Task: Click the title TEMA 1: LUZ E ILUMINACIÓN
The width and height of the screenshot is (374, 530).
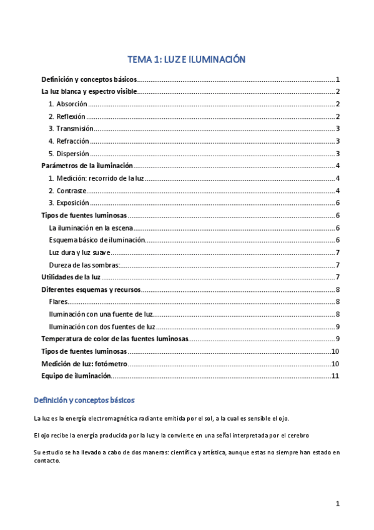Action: coord(187,60)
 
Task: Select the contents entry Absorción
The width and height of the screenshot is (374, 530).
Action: coord(71,104)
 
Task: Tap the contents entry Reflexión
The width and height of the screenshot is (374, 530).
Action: coord(71,116)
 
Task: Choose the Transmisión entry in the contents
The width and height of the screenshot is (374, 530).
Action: coord(74,129)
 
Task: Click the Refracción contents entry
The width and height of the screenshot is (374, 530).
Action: coord(72,141)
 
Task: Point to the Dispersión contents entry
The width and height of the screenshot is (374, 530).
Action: coord(72,154)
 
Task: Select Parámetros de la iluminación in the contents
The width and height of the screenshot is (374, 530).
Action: coord(87,166)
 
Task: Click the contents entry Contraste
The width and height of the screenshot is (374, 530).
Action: coord(71,191)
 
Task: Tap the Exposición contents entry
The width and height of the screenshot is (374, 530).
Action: coord(72,203)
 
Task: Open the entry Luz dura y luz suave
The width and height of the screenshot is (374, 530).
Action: coord(79,252)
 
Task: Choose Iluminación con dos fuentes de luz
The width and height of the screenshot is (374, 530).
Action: coord(102,327)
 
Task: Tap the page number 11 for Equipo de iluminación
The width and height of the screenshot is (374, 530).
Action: coord(335,376)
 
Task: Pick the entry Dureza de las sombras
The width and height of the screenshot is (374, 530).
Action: coord(84,265)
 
